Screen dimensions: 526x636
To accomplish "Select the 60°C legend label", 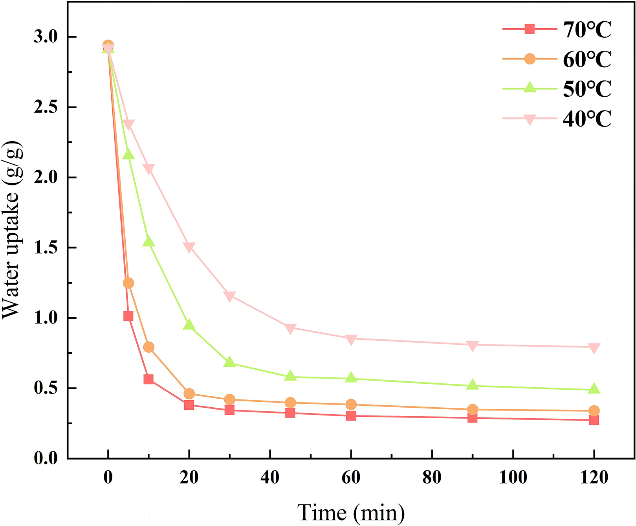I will [587, 59].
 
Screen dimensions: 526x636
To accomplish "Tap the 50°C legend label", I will [587, 89].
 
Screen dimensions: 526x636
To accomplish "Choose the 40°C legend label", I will [587, 118].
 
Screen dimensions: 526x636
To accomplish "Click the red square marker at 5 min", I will [128, 316].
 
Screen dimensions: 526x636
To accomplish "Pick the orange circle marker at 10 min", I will [148, 347].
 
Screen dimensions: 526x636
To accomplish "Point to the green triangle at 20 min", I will [189, 325].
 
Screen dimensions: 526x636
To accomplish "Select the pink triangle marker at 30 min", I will [230, 296].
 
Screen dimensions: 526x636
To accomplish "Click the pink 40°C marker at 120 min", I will [594, 348].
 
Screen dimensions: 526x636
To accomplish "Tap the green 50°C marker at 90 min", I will [473, 385].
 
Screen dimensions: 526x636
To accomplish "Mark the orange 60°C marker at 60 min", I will [351, 405].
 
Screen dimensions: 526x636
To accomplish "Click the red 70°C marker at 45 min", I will [290, 413].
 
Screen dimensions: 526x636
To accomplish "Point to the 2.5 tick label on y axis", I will [46, 107].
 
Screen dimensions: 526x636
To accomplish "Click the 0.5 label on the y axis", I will [46, 388].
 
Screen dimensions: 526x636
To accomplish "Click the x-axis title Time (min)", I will [351, 513].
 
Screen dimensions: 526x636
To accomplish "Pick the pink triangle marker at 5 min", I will [128, 125].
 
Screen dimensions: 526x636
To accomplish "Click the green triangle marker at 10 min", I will [148, 241].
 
